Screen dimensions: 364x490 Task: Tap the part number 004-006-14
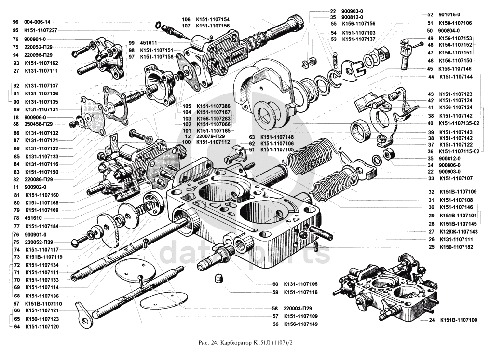click(37, 22)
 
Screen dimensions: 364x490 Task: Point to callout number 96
click(15, 22)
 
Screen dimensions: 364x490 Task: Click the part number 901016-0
click(449, 15)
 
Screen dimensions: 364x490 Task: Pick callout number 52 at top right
click(430, 15)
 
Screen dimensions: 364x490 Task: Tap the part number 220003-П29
click(299, 308)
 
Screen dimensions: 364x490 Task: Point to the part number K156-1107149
click(302, 324)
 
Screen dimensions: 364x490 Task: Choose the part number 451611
click(150, 42)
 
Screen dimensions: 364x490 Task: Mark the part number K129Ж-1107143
click(458, 231)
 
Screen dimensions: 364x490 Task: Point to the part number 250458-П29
click(41, 125)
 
